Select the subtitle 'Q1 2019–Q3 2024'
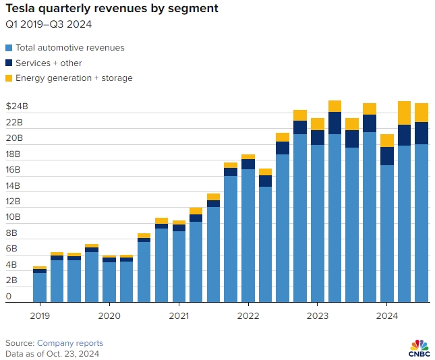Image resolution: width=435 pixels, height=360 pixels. click(49, 25)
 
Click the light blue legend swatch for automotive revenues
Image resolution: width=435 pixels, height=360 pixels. click(9, 48)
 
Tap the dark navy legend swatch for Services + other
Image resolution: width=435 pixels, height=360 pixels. click(9, 63)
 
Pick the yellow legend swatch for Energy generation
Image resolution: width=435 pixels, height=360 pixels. click(9, 78)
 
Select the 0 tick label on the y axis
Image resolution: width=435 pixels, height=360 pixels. click(9, 297)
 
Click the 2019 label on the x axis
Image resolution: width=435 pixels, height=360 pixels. click(40, 316)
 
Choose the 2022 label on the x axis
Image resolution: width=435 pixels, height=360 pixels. click(248, 316)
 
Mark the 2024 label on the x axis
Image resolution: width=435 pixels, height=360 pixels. click(386, 316)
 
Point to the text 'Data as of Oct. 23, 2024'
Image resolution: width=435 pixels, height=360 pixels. click(53, 353)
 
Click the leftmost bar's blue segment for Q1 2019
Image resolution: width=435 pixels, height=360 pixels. click(40, 287)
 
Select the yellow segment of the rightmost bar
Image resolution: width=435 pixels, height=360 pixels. click(422, 113)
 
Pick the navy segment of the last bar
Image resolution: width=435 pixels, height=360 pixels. click(422, 133)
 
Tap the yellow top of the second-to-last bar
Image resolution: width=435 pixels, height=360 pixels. click(404, 113)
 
